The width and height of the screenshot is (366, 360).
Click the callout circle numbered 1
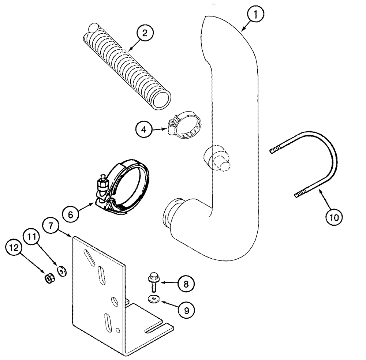click(x=256, y=16)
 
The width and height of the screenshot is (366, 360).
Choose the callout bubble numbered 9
click(x=186, y=311)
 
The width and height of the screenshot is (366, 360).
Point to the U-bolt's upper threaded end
click(x=276, y=150)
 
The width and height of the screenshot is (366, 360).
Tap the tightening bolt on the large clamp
click(x=101, y=187)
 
